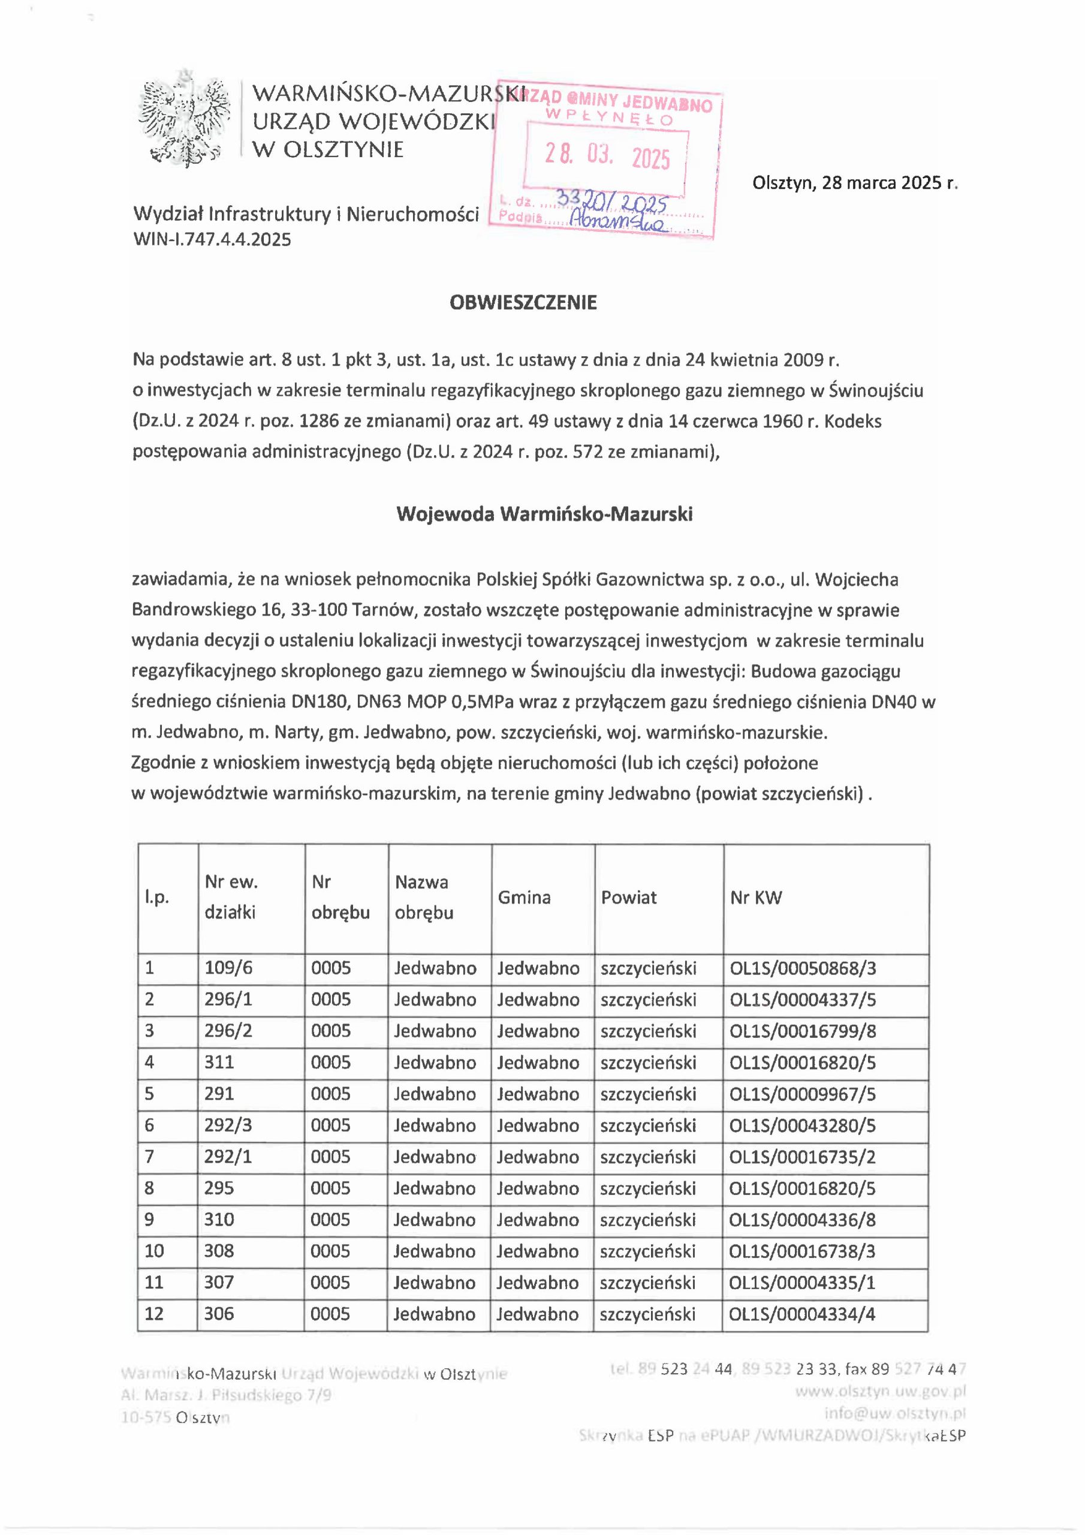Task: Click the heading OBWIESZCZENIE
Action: (523, 303)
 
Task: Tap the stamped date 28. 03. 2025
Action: (607, 157)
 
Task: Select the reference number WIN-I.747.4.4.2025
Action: (213, 239)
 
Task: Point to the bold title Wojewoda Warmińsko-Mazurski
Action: (544, 514)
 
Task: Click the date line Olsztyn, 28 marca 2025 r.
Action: (855, 183)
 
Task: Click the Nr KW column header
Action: (756, 897)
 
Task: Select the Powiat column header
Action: (628, 897)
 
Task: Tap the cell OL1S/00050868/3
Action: (802, 968)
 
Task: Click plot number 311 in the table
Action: (219, 1063)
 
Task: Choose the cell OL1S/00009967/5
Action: (802, 1094)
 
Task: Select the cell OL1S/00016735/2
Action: (802, 1157)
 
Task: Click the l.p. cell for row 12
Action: (154, 1314)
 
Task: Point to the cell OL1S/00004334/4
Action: (802, 1314)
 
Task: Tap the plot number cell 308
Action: (219, 1251)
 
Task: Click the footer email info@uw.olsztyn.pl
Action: (896, 1414)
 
